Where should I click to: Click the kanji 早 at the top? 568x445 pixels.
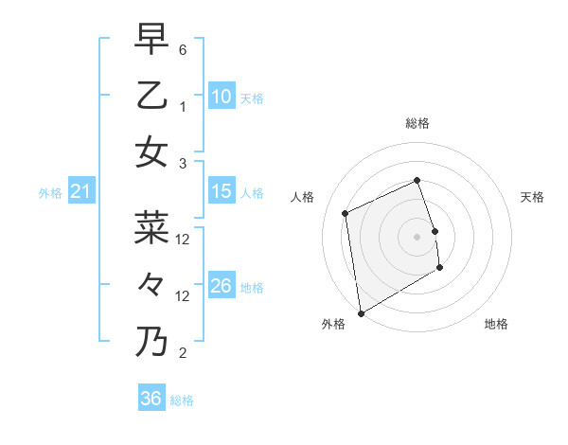tap(151, 41)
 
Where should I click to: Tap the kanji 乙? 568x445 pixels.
tap(151, 96)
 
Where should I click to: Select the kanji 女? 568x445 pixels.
tap(151, 151)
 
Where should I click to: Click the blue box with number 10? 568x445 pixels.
tap(222, 97)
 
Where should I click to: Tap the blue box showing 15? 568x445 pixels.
tap(222, 191)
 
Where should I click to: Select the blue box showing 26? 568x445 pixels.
tap(222, 286)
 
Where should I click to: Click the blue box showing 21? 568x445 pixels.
tap(81, 192)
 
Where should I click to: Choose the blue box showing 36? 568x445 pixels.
tap(151, 399)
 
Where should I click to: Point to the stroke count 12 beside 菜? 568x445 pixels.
tap(183, 240)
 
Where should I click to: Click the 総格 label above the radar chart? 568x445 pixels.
tap(417, 124)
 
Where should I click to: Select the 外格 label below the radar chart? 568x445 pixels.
tap(333, 324)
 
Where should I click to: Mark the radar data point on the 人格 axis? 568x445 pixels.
tap(346, 213)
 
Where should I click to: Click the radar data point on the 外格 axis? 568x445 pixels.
tap(361, 312)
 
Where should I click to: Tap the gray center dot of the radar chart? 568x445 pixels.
tap(417, 236)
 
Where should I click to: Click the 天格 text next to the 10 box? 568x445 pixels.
tap(252, 98)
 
